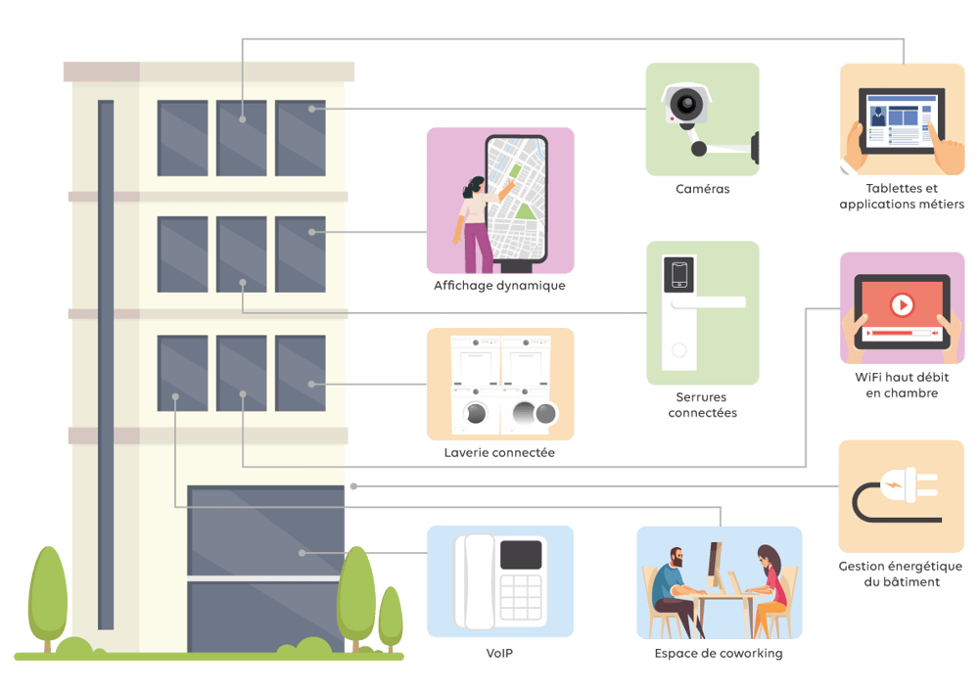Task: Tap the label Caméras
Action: pos(702,189)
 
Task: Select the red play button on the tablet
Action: pos(902,305)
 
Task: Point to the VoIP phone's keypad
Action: pos(521,597)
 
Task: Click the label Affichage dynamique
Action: pos(499,287)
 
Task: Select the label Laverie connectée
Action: pos(499,453)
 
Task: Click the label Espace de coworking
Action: pos(719,653)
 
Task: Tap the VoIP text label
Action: pos(499,653)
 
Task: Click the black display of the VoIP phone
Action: pos(521,554)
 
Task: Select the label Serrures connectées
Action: pos(702,405)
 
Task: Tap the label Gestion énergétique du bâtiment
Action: pos(901,574)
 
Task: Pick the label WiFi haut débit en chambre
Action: pos(902,385)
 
